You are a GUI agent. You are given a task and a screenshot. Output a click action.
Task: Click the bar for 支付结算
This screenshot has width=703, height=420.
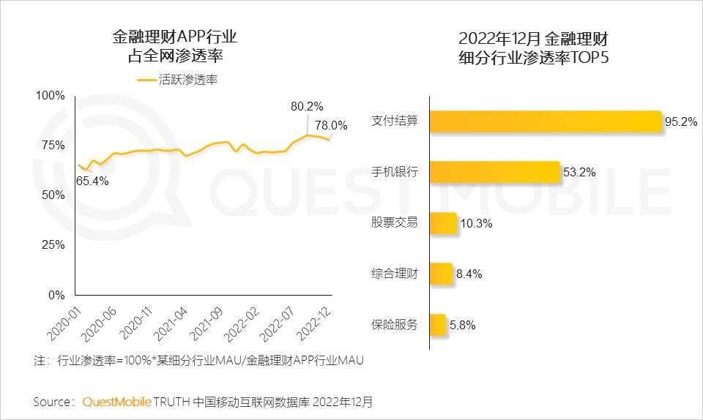pos(546,121)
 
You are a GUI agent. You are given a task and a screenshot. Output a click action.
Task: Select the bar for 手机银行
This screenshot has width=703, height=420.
pos(494,172)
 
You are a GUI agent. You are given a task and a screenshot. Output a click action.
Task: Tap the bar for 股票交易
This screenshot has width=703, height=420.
pos(442,222)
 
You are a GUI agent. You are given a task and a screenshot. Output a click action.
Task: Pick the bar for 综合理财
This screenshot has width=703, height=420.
pos(440,274)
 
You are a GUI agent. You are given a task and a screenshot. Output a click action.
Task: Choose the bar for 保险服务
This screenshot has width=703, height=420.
pos(437,324)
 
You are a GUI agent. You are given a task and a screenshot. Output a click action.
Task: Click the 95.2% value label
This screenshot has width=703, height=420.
pos(680,122)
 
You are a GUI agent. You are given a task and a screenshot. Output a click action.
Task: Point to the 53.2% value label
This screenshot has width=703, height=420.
pos(579,173)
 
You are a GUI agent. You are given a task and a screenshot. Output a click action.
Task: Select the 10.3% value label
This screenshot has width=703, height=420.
pos(476,224)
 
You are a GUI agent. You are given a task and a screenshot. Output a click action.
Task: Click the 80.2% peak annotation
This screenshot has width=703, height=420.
pos(307,107)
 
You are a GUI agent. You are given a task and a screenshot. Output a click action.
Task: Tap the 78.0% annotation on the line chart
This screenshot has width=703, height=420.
pos(331,124)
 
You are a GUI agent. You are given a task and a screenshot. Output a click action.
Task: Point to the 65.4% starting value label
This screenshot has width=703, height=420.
pos(92,181)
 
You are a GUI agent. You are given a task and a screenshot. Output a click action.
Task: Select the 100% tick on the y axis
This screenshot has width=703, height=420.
pos(51,95)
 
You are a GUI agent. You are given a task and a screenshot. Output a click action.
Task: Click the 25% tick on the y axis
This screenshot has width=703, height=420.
pos(53,245)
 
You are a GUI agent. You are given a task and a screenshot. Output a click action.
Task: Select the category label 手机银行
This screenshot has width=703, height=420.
pos(395,172)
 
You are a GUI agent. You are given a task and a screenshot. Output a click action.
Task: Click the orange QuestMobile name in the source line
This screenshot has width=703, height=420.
pos(117,402)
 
